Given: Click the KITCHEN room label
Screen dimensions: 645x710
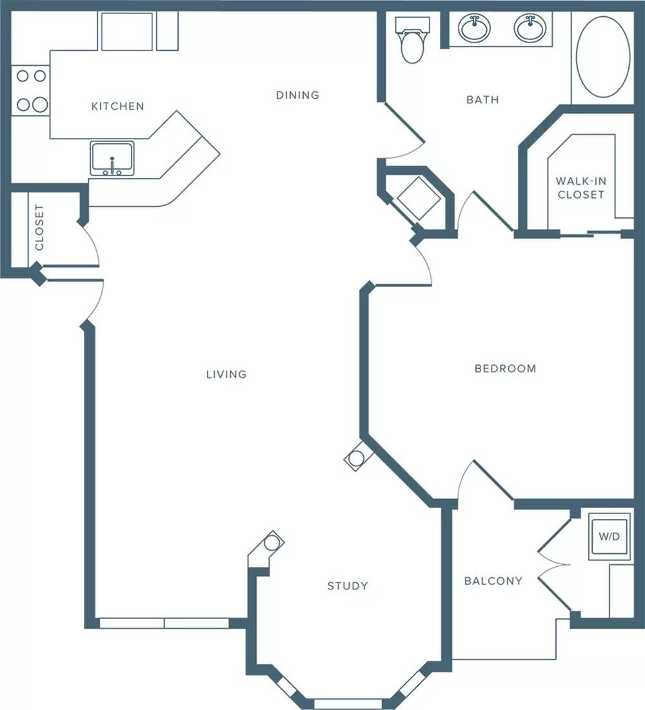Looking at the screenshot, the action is click(118, 106).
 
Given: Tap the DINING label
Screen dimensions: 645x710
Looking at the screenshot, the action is click(297, 95).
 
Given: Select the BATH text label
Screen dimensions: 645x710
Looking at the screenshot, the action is click(483, 99).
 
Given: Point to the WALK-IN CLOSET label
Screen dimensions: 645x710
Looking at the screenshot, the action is click(580, 188).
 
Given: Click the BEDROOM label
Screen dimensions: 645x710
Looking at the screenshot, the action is click(506, 369).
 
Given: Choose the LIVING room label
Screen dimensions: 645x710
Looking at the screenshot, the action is click(226, 375).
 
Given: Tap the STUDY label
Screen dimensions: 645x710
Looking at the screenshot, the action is click(348, 586).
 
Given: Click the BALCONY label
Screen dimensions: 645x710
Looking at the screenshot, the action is click(493, 581).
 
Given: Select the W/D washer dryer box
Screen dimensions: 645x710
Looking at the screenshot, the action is click(610, 537).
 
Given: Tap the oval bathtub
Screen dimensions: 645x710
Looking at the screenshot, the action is click(603, 57).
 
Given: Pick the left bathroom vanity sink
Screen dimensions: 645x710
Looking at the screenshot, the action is click(474, 28).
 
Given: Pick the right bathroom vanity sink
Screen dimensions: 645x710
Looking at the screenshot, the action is click(530, 28).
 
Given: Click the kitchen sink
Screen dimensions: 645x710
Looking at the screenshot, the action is click(112, 159).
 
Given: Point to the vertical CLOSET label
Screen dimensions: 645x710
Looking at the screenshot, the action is click(39, 227).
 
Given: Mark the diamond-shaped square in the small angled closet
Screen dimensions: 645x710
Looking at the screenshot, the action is click(419, 199).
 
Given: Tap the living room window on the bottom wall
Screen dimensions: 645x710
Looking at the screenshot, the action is click(164, 623).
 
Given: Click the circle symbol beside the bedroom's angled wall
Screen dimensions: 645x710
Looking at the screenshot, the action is click(356, 459).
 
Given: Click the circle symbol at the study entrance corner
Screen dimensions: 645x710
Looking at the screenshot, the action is click(272, 542).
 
